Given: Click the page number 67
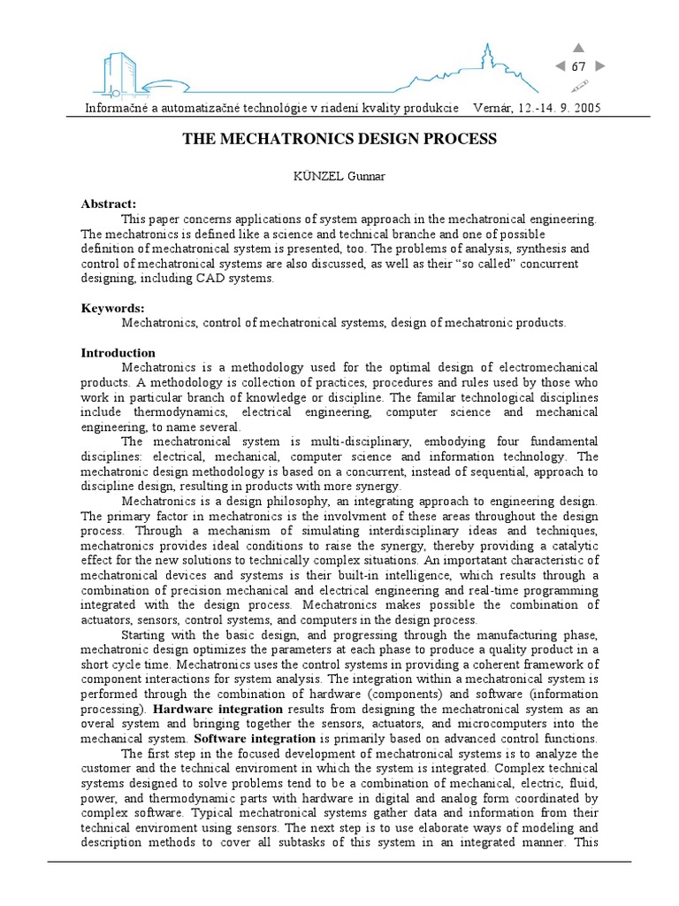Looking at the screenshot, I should (579, 67).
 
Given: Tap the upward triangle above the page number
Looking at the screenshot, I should (579, 48).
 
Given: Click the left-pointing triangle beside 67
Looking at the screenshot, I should (560, 67).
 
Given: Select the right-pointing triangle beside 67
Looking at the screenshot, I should (600, 67).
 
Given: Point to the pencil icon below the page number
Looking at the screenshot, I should (580, 86).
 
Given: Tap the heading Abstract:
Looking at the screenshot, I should (109, 203).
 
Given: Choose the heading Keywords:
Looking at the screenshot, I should (112, 308).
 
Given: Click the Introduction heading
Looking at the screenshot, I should (118, 352).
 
